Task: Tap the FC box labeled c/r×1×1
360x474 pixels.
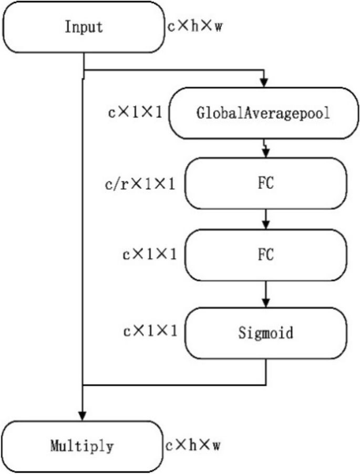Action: point(267,184)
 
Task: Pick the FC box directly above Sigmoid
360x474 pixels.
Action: point(267,256)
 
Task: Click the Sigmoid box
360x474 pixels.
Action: point(267,333)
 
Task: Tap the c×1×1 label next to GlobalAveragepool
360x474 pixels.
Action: point(136,112)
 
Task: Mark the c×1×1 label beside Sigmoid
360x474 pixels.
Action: point(149,332)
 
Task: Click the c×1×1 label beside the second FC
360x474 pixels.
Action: point(149,255)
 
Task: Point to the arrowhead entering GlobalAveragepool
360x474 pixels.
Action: point(265,83)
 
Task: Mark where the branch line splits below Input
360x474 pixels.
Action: point(84,69)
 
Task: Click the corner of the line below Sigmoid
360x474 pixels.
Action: point(267,384)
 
